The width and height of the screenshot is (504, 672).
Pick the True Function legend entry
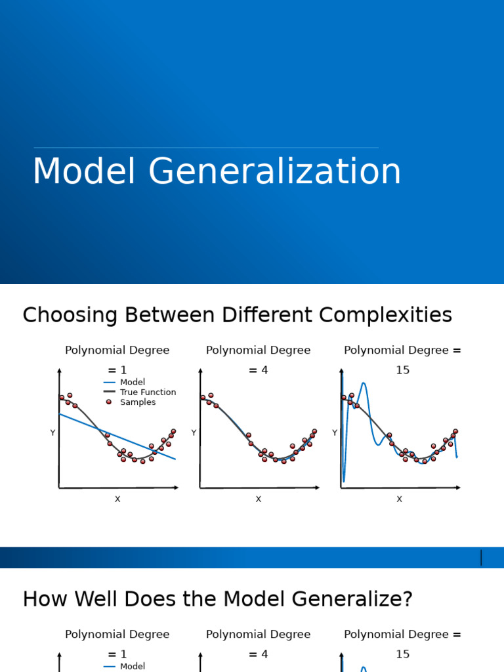(148, 392)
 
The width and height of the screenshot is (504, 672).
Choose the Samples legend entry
(138, 402)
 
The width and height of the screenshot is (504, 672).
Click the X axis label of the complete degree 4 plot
(258, 499)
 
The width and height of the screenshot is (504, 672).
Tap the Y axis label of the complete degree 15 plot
(335, 433)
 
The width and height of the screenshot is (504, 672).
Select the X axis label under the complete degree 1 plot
(117, 499)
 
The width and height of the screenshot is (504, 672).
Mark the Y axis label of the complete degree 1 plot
(52, 433)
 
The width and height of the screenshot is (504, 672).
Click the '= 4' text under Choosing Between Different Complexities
(258, 371)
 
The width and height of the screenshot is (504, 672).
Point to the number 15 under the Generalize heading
(402, 654)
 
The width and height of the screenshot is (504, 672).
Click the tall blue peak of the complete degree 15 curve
(363, 384)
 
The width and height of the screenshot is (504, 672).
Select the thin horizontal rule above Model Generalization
(206, 148)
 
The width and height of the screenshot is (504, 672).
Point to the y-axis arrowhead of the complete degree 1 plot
(59, 371)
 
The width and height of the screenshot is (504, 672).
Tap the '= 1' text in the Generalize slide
(117, 654)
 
